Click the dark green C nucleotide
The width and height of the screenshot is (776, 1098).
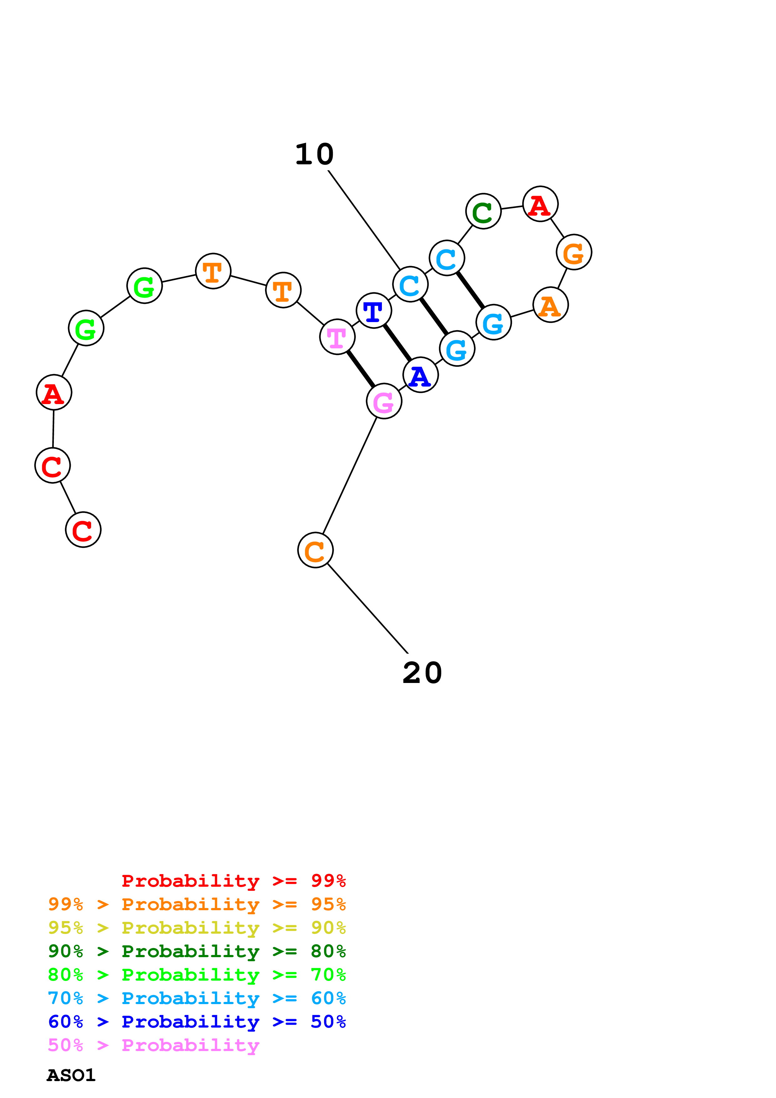point(483,211)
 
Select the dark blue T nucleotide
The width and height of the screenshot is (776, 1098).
point(373,310)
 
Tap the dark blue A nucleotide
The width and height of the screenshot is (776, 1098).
point(420,375)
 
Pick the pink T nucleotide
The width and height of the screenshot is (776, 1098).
point(337,337)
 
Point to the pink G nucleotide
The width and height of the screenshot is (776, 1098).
point(384,401)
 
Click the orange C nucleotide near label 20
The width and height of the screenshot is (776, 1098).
point(315,551)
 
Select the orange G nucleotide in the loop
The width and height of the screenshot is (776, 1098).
point(574,252)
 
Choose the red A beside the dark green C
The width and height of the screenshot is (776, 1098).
point(540,204)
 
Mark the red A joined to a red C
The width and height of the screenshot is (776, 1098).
point(54,393)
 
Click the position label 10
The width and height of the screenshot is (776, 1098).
point(314,155)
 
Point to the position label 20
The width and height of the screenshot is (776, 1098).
point(422,673)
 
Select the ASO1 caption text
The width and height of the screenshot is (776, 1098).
point(71,1075)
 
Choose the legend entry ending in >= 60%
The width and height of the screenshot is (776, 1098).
point(197,998)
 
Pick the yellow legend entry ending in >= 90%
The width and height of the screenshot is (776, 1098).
point(197,928)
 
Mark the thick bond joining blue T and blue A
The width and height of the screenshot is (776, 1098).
point(397,343)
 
